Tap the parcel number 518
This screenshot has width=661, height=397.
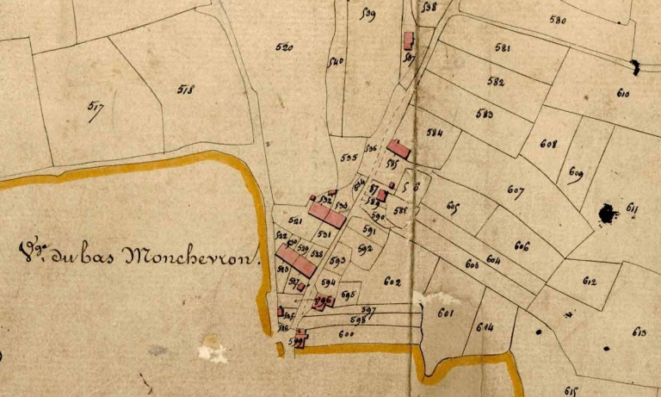point(186,89)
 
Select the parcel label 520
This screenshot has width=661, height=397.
point(283,48)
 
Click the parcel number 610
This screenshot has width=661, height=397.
point(623,93)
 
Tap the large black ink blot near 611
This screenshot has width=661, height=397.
point(608,213)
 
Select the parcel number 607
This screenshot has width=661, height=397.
point(516,189)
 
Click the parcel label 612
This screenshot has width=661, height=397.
point(590,282)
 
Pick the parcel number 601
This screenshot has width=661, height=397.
point(445,313)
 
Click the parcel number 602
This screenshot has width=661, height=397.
point(392,282)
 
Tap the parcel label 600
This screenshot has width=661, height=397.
point(347,334)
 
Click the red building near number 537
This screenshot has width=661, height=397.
point(409,40)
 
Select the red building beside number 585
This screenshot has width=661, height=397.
point(398,149)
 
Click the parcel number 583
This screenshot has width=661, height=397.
point(484,114)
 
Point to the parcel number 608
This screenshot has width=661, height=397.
point(548,145)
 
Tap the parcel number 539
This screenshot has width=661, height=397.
point(369,15)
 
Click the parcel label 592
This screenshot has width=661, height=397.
point(365,250)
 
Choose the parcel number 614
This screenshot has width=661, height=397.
point(485,326)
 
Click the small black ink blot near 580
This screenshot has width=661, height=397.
point(635,65)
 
